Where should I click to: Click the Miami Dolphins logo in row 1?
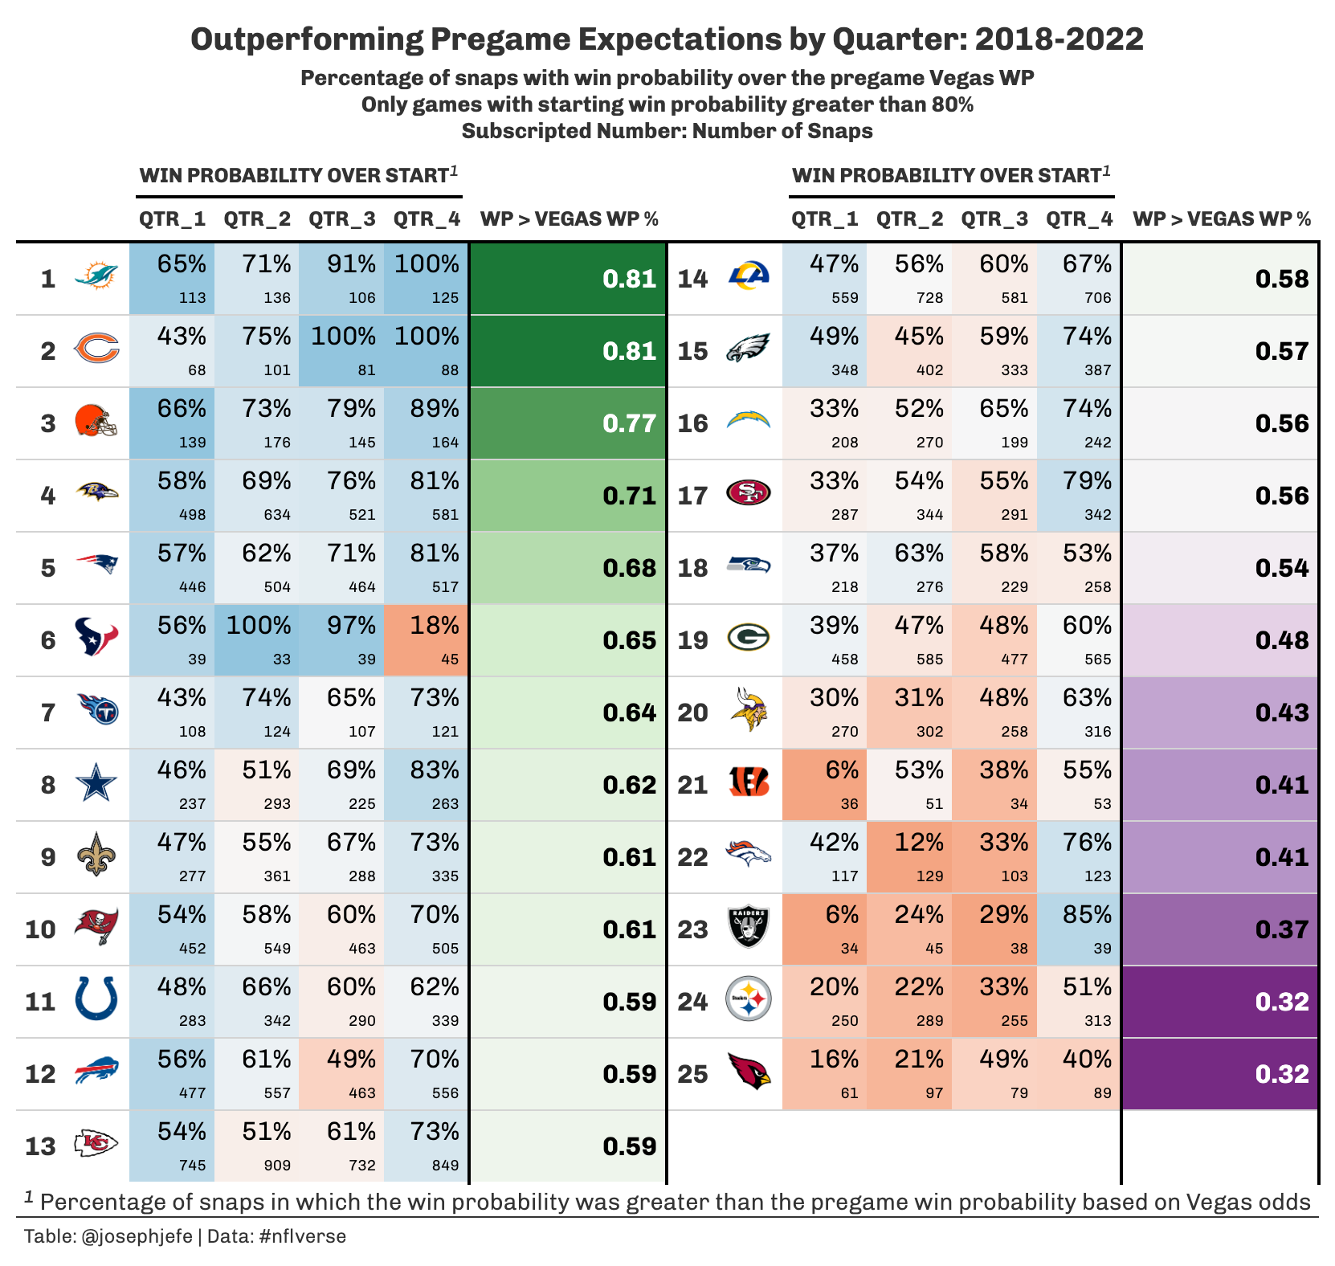96,277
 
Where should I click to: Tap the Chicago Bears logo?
96,349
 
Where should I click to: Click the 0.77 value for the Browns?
629,423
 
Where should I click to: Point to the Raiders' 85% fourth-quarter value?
1087,915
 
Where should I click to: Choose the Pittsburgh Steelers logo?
749,1000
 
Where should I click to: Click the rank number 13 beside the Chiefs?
40,1146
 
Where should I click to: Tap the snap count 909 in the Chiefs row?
277,1166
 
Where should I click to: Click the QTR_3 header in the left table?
342,218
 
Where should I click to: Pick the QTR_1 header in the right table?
825,218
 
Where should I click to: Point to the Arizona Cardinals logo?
749,1072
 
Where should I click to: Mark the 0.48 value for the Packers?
1282,640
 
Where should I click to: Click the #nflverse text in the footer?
302,1236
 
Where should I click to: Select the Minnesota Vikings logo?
749,710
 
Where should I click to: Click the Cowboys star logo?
96,784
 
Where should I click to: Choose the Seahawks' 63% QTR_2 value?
919,553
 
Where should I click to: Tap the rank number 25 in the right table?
693,1074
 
